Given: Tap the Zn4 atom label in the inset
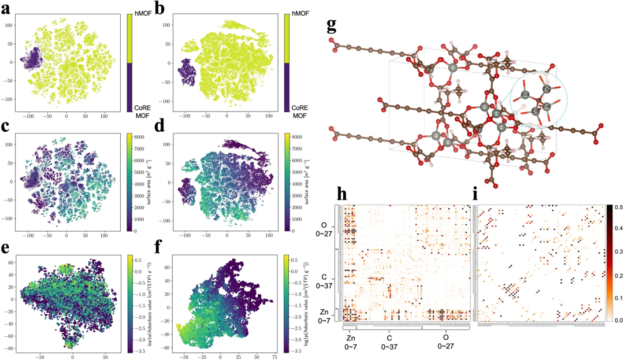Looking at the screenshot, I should [525, 93].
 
